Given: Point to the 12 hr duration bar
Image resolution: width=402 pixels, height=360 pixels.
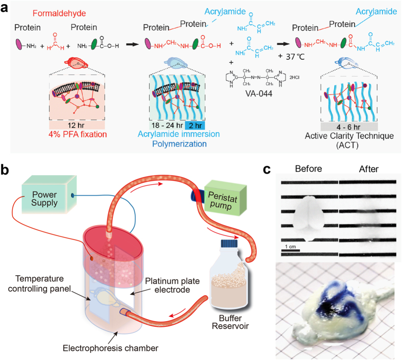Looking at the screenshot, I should pyautogui.click(x=76, y=125).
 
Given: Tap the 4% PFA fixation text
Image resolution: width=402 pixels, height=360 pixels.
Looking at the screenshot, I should pyautogui.click(x=76, y=135).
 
